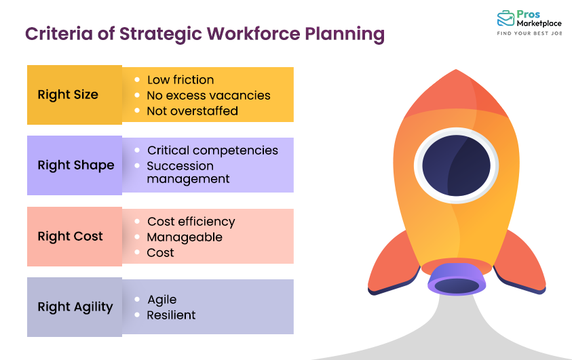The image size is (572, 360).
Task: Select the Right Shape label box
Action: (x=74, y=165)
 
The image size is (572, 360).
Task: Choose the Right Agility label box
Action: (x=74, y=307)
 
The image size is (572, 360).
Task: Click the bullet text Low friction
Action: (x=180, y=80)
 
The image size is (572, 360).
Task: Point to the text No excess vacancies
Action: (x=208, y=96)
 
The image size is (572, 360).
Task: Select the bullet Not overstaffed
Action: (x=192, y=111)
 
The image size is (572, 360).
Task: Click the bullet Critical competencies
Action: (x=212, y=151)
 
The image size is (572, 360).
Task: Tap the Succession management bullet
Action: (x=188, y=173)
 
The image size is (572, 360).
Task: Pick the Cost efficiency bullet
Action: (x=191, y=222)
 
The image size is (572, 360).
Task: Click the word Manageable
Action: (x=185, y=237)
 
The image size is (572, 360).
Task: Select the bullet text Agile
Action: (x=161, y=300)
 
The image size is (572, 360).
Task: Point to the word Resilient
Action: (x=171, y=315)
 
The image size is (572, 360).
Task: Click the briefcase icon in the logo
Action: (x=506, y=19)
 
